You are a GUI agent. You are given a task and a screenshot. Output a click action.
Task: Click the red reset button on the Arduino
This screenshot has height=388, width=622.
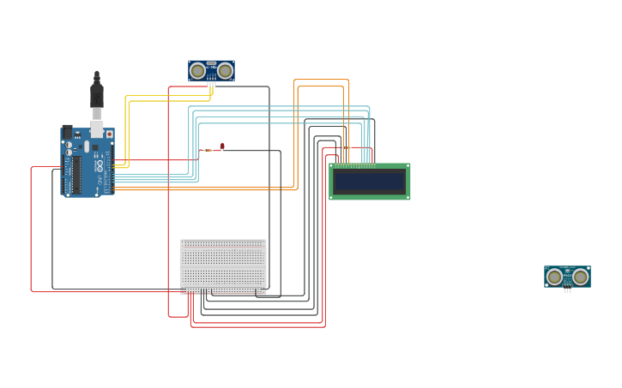tap(109, 134)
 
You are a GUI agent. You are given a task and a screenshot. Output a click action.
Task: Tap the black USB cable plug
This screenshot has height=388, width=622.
tap(97, 93)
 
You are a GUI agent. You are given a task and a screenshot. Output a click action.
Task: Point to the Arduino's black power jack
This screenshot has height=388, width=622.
tap(67, 133)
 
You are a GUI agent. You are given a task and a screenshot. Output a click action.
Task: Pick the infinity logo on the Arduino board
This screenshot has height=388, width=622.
tap(99, 164)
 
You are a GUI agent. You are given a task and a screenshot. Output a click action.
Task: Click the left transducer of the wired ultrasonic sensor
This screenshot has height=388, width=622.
tap(198, 71)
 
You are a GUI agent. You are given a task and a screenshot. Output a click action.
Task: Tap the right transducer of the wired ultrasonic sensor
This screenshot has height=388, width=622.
tap(226, 71)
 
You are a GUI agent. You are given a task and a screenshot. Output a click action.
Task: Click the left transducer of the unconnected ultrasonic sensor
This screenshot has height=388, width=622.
tap(554, 277)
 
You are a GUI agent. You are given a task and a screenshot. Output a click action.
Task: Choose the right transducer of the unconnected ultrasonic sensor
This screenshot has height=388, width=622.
tap(581, 277)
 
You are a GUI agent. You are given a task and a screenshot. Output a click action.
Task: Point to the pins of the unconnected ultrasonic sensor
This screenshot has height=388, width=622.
tap(567, 290)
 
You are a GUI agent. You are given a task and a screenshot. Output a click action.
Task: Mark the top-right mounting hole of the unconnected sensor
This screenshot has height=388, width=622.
tap(588, 269)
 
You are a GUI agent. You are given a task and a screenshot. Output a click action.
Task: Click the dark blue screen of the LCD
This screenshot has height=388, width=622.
tap(370, 182)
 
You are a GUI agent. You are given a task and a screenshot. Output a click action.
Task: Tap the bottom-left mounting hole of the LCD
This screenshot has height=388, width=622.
tap(332, 197)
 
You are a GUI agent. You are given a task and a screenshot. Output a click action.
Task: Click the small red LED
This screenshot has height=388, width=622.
tap(222, 146)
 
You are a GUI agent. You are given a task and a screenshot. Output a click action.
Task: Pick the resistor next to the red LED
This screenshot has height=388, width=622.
tap(208, 150)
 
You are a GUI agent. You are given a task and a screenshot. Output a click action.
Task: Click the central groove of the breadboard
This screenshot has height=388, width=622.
tap(223, 264)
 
